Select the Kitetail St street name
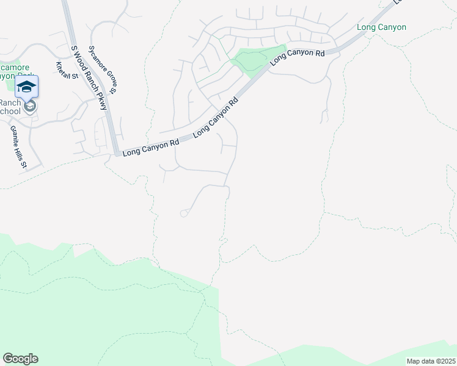[x=67, y=71]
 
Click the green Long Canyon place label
[x=381, y=27]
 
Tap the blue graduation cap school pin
[x=26, y=87]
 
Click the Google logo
[x=20, y=359]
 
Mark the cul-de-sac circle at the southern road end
[x=184, y=213]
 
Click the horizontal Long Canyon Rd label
[x=150, y=148]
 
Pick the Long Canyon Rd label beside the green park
[x=297, y=57]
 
